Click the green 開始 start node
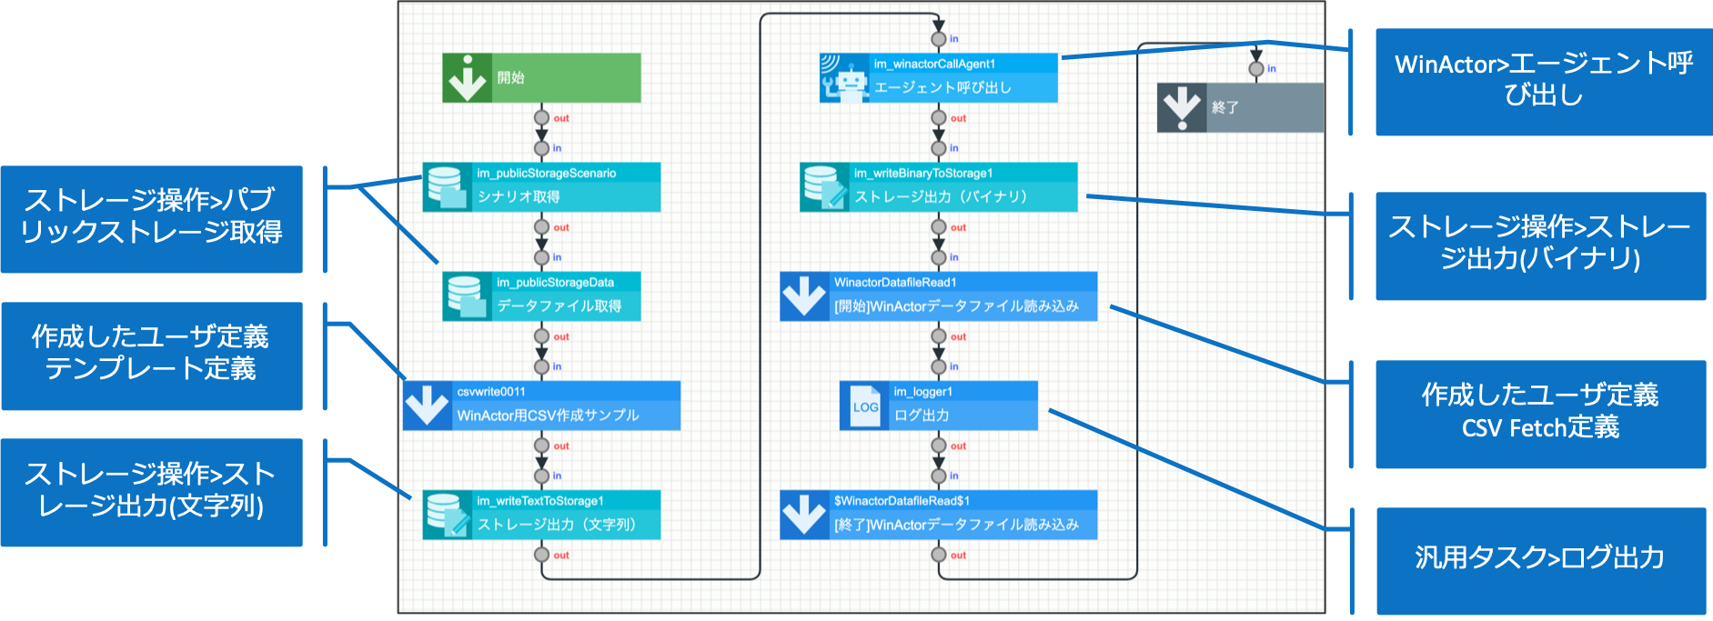(541, 78)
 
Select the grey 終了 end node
(1240, 107)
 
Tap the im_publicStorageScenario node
(541, 187)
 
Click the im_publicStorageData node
(541, 296)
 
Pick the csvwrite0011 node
(541, 406)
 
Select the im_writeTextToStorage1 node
(541, 515)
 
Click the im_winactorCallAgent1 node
(938, 78)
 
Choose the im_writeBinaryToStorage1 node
(938, 187)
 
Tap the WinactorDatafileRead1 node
(938, 296)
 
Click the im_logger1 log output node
(938, 406)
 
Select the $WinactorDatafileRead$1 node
(938, 515)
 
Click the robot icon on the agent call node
(844, 79)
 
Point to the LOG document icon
(864, 406)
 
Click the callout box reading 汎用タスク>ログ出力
(1540, 558)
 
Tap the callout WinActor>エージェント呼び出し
(1543, 81)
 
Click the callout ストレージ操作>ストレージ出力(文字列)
(151, 491)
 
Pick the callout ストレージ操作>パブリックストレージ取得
(151, 218)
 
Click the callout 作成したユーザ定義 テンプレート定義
(151, 355)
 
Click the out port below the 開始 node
(541, 117)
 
